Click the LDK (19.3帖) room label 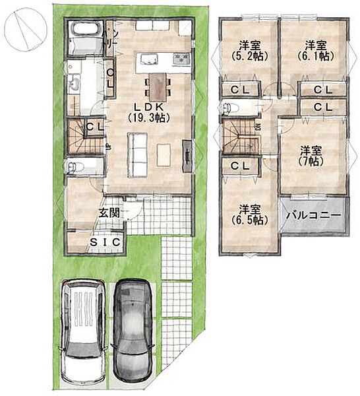(148, 113)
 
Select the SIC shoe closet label (105, 242)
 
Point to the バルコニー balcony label (314, 215)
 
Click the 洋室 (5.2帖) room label (249, 51)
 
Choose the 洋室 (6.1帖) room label (316, 51)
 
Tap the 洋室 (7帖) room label (311, 156)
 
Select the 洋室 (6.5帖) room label (249, 215)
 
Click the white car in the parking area (83, 333)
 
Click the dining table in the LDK (158, 86)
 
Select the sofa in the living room (137, 154)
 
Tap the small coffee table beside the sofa (164, 155)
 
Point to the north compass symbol (26, 29)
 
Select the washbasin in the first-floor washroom (75, 83)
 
